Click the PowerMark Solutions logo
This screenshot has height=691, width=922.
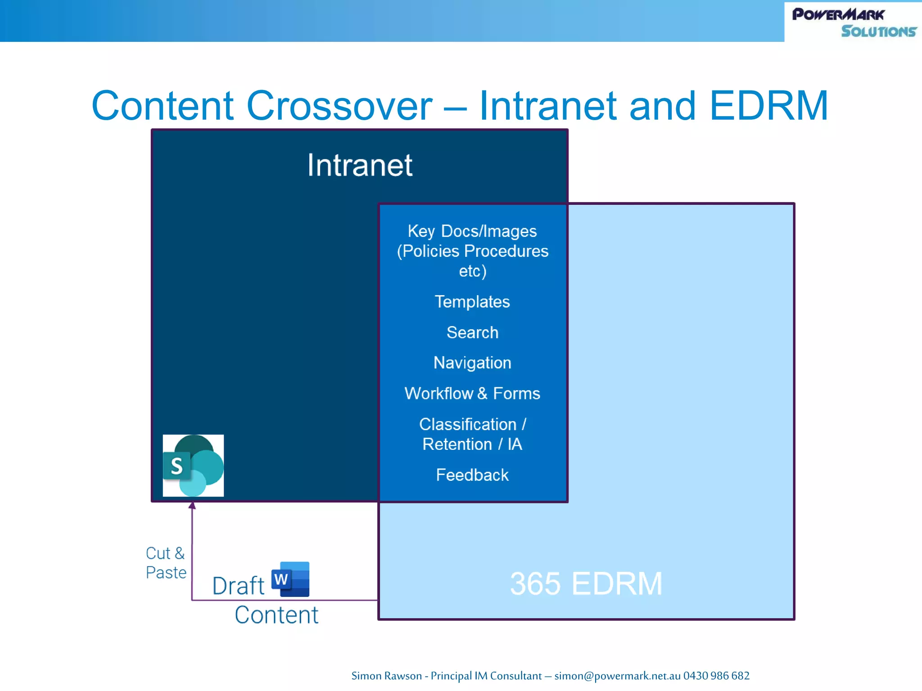pyautogui.click(x=854, y=22)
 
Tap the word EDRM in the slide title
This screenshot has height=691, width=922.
pyautogui.click(x=768, y=106)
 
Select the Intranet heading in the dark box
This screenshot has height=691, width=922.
pyautogui.click(x=360, y=165)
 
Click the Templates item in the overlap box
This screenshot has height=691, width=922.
pyautogui.click(x=472, y=302)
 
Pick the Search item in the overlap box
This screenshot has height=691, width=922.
pyautogui.click(x=472, y=332)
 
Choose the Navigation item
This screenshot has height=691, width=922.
pyautogui.click(x=472, y=363)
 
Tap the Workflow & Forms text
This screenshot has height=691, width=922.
pyautogui.click(x=472, y=394)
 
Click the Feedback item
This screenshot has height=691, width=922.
pyautogui.click(x=472, y=475)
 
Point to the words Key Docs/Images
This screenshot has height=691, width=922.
pyautogui.click(x=472, y=231)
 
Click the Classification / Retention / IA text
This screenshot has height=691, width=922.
pyautogui.click(x=472, y=434)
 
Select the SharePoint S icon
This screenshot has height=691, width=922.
pyautogui.click(x=193, y=466)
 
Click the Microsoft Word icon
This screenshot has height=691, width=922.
pyautogui.click(x=290, y=579)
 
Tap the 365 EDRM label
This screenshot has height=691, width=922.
pyautogui.click(x=586, y=584)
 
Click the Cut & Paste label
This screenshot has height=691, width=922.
pyautogui.click(x=166, y=563)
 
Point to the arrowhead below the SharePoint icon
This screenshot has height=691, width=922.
pyautogui.click(x=192, y=506)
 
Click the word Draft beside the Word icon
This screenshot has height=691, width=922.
pyautogui.click(x=238, y=586)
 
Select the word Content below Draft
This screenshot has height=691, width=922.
pyautogui.click(x=276, y=615)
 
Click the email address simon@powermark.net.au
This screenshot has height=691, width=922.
pyautogui.click(x=617, y=676)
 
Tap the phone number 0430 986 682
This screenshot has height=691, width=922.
pyautogui.click(x=716, y=676)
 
